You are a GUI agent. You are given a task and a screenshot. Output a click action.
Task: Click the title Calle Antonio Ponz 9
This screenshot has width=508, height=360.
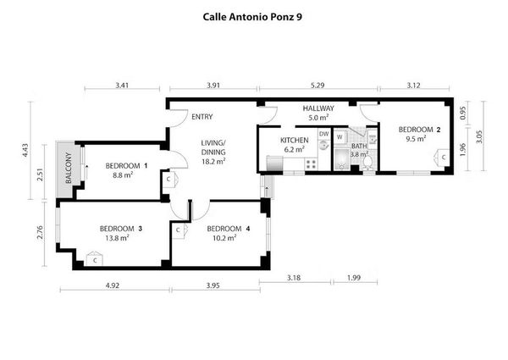(254, 15)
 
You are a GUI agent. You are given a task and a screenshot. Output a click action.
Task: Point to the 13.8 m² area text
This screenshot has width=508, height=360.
(115, 239)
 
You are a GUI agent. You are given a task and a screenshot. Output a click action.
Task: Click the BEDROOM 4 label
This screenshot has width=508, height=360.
(228, 228)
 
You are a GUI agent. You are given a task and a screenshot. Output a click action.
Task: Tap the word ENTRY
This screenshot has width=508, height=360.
(202, 117)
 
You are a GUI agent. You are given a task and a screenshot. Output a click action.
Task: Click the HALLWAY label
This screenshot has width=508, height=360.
(319, 108)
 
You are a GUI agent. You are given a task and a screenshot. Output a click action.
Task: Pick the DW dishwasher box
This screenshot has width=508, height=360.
(323, 134)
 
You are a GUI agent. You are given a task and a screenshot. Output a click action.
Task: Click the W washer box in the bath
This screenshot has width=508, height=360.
(340, 136)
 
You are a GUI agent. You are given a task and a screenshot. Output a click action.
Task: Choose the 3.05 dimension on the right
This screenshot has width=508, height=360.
(479, 138)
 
